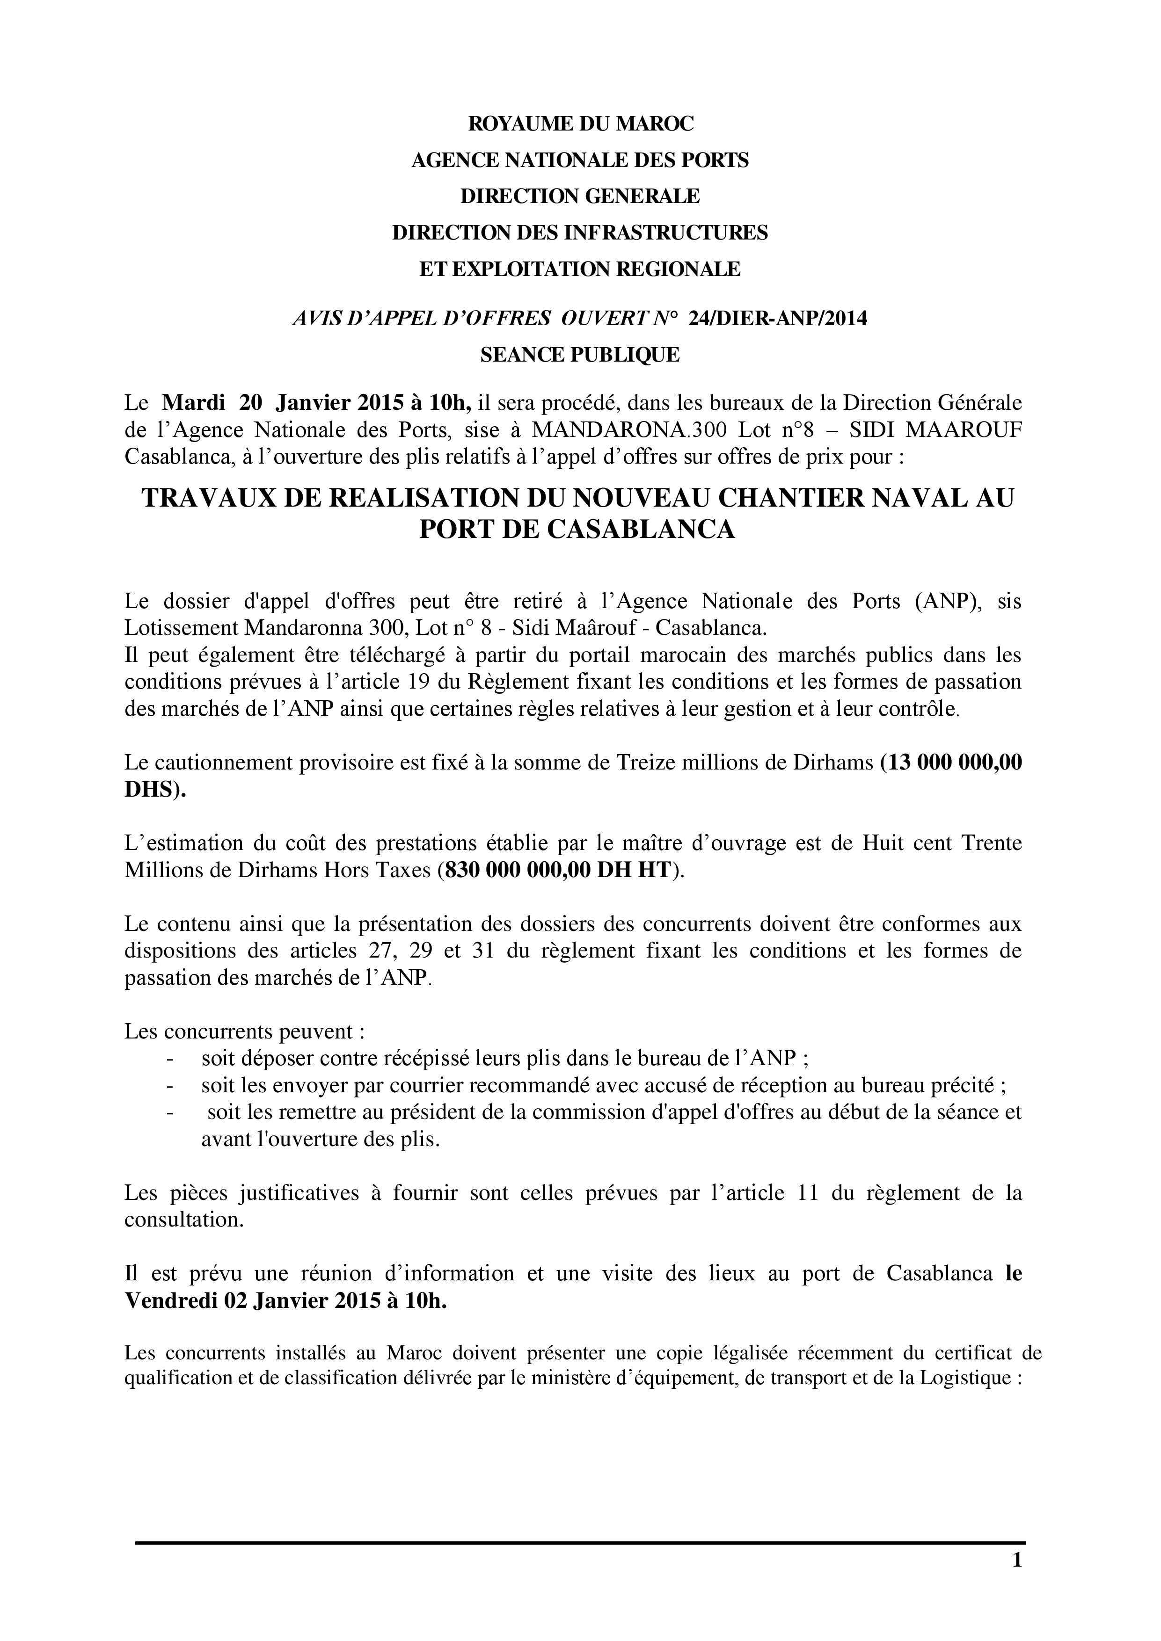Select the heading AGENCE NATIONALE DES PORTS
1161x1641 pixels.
point(580,160)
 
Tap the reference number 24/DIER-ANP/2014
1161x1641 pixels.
point(778,319)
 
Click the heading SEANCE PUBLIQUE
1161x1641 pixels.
point(580,355)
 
